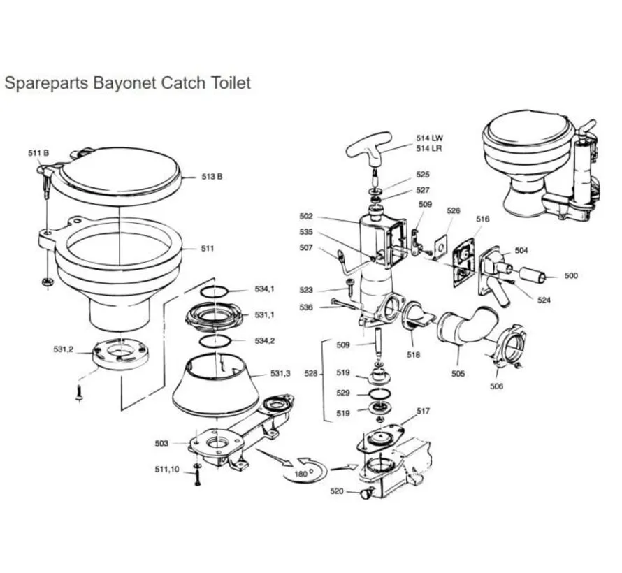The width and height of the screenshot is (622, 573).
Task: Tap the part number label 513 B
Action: coord(211,177)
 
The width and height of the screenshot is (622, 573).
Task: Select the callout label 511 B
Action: coord(38,153)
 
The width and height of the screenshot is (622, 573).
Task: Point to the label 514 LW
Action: coord(429,138)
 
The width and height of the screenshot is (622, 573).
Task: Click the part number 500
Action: coord(571,276)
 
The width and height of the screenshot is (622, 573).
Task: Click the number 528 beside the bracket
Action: coord(312,375)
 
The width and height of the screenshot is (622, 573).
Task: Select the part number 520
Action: coord(336,491)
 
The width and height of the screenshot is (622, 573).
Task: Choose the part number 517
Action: coord(423,412)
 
